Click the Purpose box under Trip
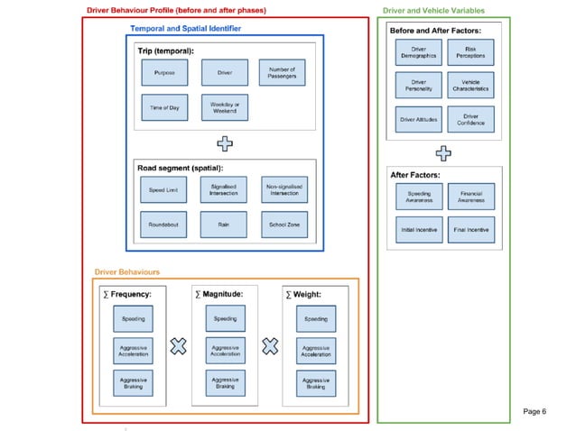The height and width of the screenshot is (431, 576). (x=163, y=72)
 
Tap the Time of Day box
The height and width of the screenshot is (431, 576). (x=163, y=107)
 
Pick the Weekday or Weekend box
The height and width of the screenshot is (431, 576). (x=223, y=107)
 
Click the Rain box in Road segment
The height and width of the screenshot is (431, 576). (x=223, y=225)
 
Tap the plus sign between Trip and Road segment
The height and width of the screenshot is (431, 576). (x=225, y=142)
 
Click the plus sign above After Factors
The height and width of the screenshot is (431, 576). (x=443, y=151)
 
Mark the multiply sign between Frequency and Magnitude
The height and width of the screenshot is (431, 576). (x=179, y=345)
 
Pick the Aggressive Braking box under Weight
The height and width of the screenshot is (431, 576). (x=315, y=383)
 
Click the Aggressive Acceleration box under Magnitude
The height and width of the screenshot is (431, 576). (x=225, y=351)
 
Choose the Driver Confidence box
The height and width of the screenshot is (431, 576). (x=470, y=118)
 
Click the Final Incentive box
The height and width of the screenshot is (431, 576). (x=470, y=230)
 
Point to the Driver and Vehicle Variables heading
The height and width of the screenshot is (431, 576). (x=433, y=11)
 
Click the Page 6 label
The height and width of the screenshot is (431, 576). (x=535, y=411)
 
